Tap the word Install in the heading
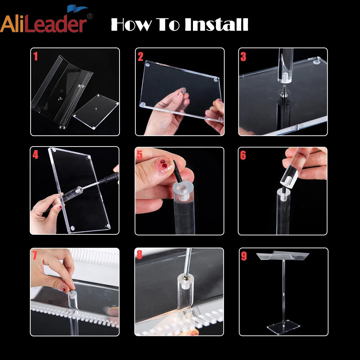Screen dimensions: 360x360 [216, 24]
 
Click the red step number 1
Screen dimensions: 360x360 [35, 56]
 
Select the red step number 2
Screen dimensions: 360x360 [140, 57]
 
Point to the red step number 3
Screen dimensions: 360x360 [243, 57]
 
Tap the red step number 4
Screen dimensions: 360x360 [35, 155]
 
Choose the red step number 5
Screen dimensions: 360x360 [140, 155]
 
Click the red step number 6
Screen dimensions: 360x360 [243, 155]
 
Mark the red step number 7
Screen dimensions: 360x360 [35, 255]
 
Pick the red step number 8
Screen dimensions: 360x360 [139, 255]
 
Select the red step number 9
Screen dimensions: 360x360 [244, 256]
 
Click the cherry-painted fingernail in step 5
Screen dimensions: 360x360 [163, 165]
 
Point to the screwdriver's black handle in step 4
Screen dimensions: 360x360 [110, 177]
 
